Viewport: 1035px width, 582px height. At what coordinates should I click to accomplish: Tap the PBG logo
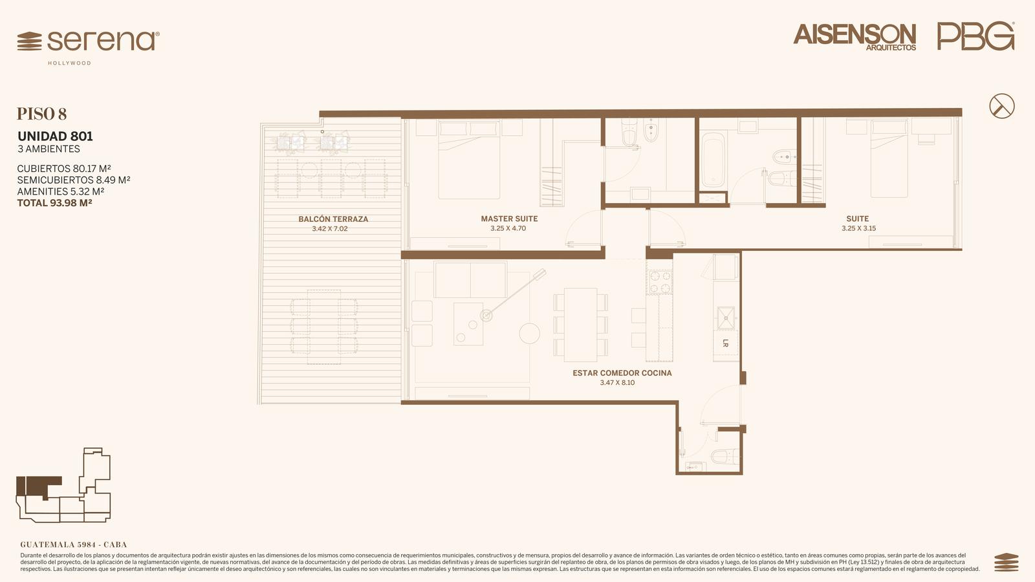coord(976,36)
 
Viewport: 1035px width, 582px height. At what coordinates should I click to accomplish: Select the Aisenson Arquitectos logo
coord(855,37)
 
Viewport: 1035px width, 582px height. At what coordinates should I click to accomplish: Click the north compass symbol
coord(1002,106)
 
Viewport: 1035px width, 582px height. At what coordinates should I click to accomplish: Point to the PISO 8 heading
coord(41,114)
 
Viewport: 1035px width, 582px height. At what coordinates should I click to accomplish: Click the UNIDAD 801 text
coord(55,136)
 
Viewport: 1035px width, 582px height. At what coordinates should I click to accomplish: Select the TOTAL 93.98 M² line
coord(54,203)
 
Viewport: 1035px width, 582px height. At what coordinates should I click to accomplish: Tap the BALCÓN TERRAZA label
coord(333,219)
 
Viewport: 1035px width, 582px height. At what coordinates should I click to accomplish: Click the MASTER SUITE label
coord(509,219)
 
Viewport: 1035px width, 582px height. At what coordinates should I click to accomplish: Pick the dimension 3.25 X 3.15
coord(858,228)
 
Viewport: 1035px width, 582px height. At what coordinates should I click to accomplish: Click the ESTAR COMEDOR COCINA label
coord(622,372)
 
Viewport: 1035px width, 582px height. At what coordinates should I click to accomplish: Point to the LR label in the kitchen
coord(725,343)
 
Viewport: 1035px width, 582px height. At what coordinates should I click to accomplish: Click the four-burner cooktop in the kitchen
coord(659,282)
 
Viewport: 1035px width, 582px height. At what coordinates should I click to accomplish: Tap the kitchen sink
coord(726,318)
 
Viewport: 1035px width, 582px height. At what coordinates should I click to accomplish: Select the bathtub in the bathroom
coord(712,160)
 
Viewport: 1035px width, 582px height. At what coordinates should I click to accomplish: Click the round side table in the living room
coord(530,334)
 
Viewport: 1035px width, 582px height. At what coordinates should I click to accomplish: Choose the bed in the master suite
coord(470,160)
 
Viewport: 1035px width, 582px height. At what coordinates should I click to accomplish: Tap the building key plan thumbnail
coord(64,484)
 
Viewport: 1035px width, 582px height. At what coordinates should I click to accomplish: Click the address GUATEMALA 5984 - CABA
coord(74,544)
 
